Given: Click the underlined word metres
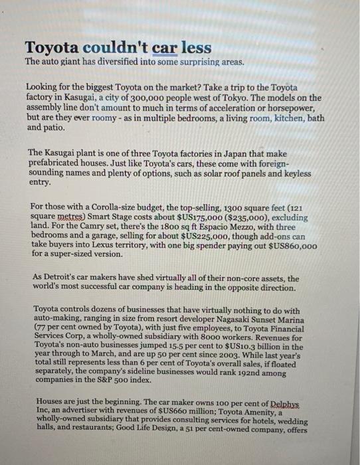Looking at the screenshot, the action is (x=64, y=217).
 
